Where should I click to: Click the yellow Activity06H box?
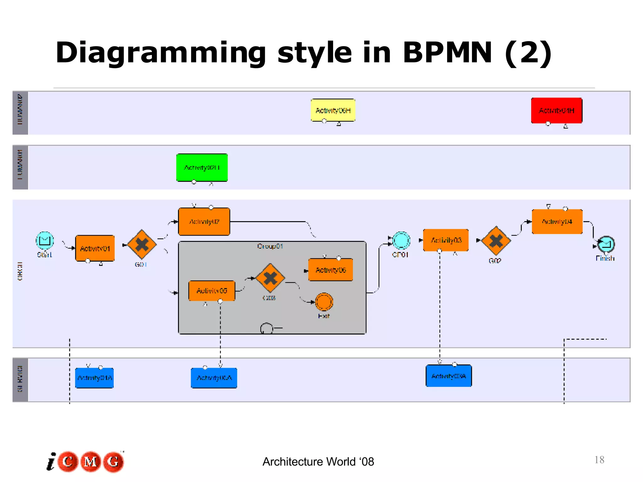pyautogui.click(x=333, y=110)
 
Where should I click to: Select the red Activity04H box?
pyautogui.click(x=556, y=110)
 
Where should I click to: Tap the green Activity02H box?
pyautogui.click(x=202, y=168)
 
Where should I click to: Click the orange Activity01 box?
pyautogui.click(x=95, y=248)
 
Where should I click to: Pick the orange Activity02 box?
pyautogui.click(x=204, y=222)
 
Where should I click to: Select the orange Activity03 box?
pyautogui.click(x=446, y=240)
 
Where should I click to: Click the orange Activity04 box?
pyautogui.click(x=557, y=222)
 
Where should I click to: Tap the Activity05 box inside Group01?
pyautogui.click(x=212, y=291)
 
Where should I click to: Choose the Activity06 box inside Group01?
pyautogui.click(x=331, y=270)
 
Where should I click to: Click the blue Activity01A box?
pyautogui.click(x=94, y=378)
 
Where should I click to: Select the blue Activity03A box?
pyautogui.click(x=449, y=376)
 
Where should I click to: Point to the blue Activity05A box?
pyautogui.click(x=214, y=378)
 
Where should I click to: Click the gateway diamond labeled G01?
pyautogui.click(x=142, y=244)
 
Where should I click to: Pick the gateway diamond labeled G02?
pyautogui.click(x=496, y=241)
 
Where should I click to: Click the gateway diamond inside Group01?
pyautogui.click(x=270, y=278)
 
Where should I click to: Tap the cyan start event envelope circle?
pyautogui.click(x=45, y=241)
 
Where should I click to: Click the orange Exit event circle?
pyautogui.click(x=324, y=302)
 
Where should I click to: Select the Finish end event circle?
pyautogui.click(x=606, y=244)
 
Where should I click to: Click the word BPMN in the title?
pyautogui.click(x=447, y=53)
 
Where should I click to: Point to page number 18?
pyautogui.click(x=599, y=460)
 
